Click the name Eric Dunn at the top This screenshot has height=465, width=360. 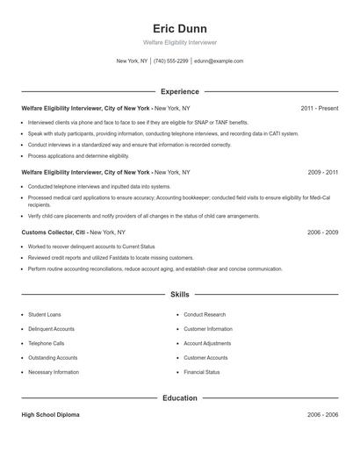(x=179, y=28)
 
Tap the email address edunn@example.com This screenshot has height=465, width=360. (x=219, y=61)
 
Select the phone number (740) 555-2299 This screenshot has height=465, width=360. (x=170, y=61)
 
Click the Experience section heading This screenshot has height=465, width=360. (x=179, y=91)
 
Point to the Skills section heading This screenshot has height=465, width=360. (x=179, y=295)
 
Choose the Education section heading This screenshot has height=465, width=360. (x=179, y=397)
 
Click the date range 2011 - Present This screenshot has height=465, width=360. (x=319, y=108)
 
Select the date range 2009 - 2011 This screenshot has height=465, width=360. (x=322, y=173)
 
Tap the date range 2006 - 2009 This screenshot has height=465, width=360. (x=322, y=232)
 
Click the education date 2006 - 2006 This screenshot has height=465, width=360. (x=322, y=414)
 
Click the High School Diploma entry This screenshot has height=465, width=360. (x=50, y=414)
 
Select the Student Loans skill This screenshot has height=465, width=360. (x=44, y=314)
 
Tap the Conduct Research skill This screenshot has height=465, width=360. (x=205, y=314)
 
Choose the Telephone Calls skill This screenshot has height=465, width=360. (x=47, y=343)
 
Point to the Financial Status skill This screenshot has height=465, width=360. (x=202, y=372)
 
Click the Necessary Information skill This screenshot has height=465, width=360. (x=53, y=372)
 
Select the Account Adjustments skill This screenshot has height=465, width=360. (x=207, y=343)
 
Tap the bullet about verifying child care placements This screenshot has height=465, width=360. (x=143, y=215)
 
